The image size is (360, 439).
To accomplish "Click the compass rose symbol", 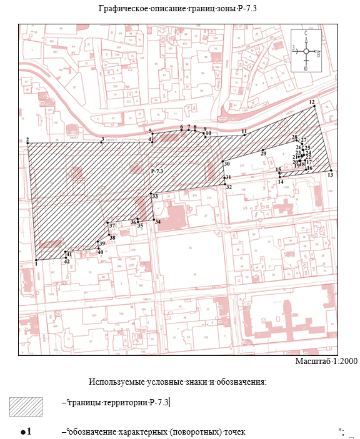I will click(306, 52).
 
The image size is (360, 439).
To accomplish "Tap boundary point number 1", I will click(37, 260).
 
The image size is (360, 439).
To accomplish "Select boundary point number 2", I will click(28, 143).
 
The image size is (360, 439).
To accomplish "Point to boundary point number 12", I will click(314, 107).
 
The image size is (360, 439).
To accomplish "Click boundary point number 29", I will click(263, 149).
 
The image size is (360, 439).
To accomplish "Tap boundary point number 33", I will click(151, 193).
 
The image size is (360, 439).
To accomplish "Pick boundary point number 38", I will click(109, 234).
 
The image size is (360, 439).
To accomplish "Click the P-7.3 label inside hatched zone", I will click(156, 170).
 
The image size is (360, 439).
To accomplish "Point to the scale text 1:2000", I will click(325, 361).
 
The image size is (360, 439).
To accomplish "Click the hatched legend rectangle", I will click(26, 407).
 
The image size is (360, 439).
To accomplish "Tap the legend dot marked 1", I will click(23, 432).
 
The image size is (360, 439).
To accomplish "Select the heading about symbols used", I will click(177, 381).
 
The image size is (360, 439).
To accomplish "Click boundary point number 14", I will click(279, 178).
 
